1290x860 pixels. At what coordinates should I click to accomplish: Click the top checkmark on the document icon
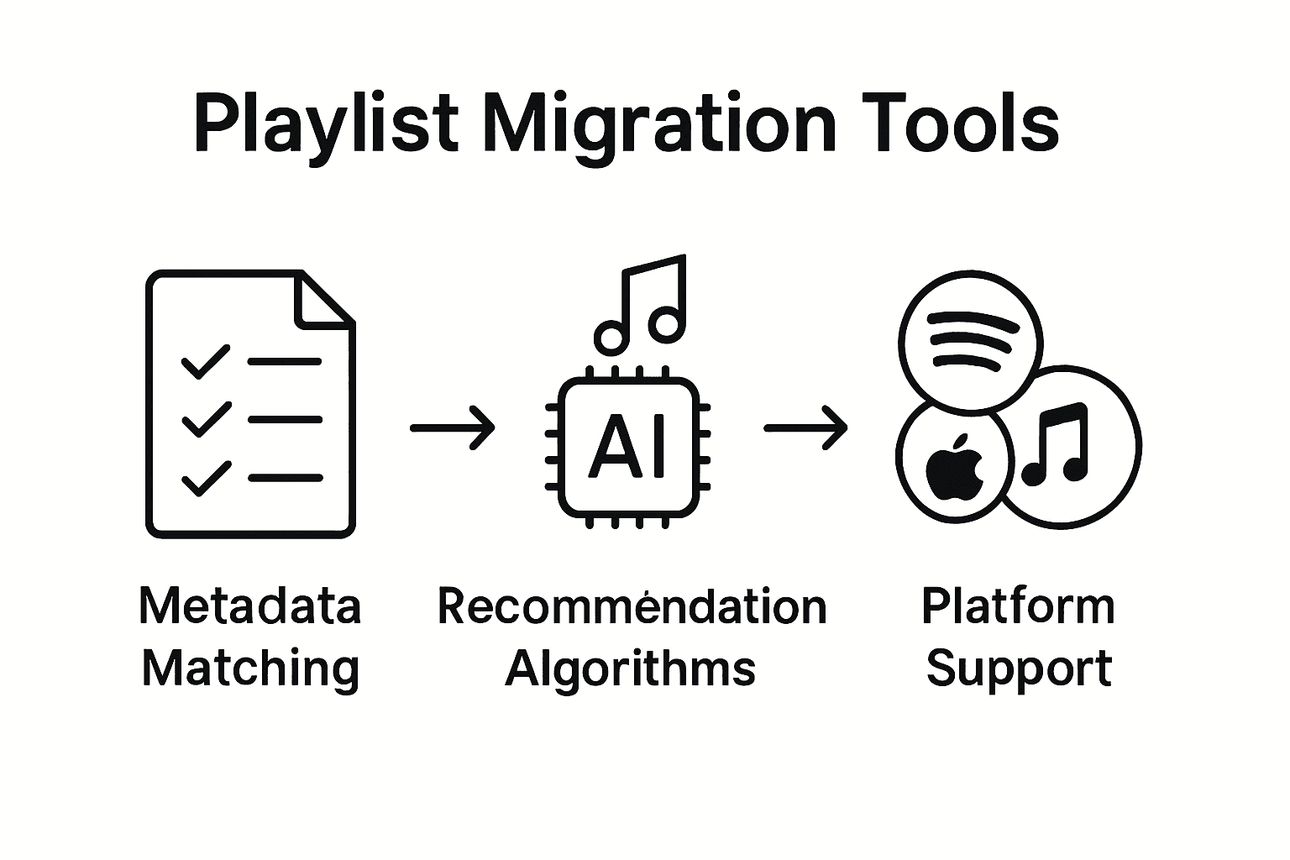tap(205, 361)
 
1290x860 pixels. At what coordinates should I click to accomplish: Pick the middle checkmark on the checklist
tap(205, 419)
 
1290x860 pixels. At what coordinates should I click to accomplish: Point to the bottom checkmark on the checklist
tap(205, 478)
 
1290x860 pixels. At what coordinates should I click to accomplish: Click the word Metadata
tap(250, 606)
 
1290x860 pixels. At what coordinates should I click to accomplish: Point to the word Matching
tap(250, 669)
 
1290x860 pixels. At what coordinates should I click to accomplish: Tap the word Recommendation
tap(632, 606)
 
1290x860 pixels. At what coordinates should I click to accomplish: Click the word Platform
tap(1018, 606)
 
